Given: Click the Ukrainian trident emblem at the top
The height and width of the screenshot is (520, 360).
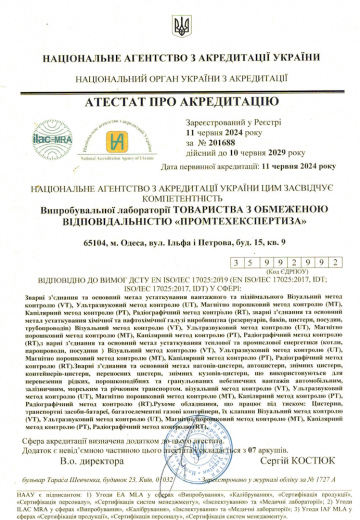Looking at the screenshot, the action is pos(179,25).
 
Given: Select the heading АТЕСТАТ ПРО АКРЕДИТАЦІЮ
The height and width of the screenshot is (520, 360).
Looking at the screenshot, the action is pos(180,105).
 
